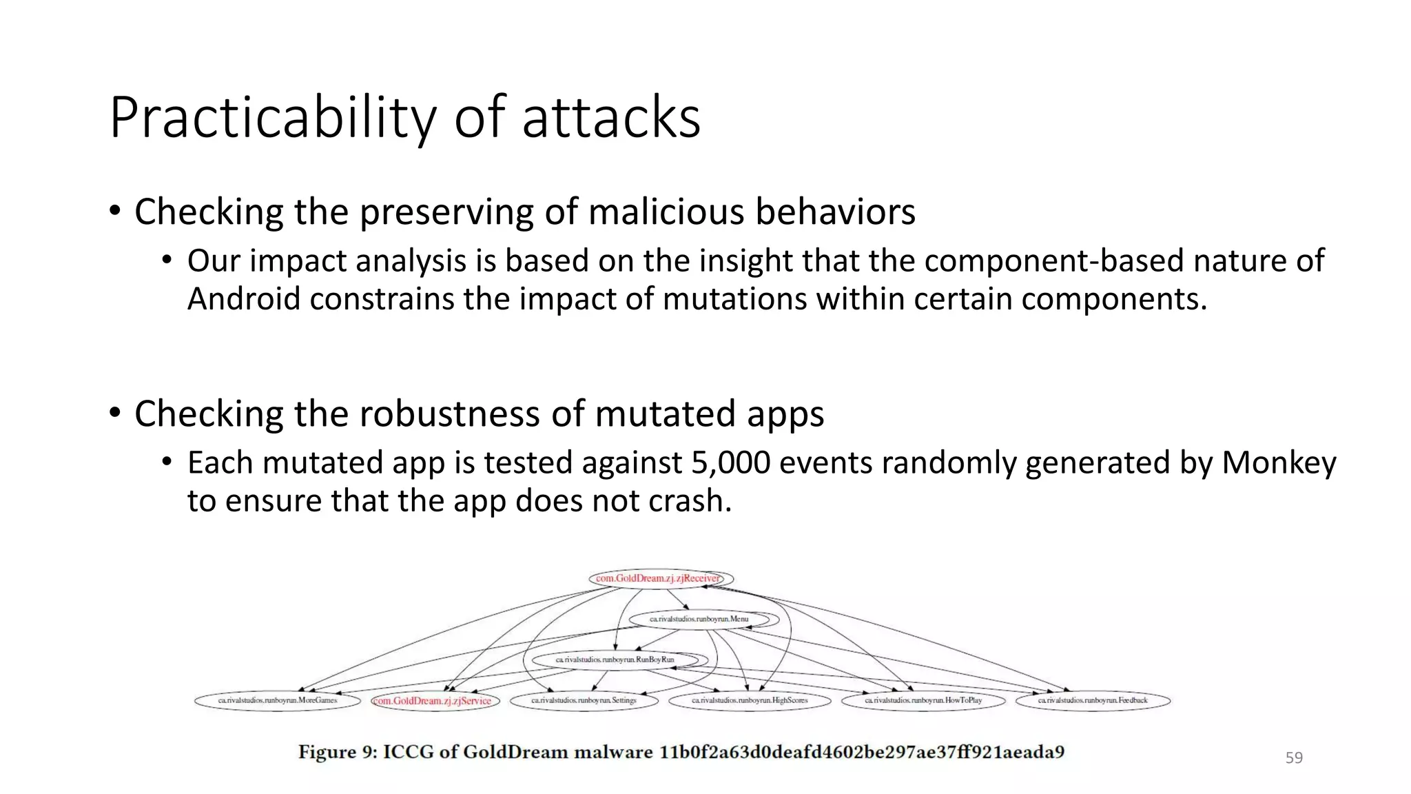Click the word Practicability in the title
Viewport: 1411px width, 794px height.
click(272, 119)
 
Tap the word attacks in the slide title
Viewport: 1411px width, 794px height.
click(611, 119)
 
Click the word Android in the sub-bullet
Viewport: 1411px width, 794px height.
click(243, 299)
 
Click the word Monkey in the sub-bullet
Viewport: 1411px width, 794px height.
click(1278, 462)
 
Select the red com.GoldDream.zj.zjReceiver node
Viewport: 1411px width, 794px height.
click(660, 578)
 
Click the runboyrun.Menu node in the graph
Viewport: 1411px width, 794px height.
click(699, 619)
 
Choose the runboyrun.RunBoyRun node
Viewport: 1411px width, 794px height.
click(615, 660)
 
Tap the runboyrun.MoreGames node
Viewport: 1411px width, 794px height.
click(278, 700)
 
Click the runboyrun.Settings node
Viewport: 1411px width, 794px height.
click(584, 700)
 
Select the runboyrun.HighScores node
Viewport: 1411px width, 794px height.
click(750, 700)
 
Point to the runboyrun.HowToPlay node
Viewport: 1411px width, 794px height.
click(923, 700)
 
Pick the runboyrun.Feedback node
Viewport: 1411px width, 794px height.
click(1093, 700)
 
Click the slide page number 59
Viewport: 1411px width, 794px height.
click(1294, 758)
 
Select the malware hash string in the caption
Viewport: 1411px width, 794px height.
click(861, 752)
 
